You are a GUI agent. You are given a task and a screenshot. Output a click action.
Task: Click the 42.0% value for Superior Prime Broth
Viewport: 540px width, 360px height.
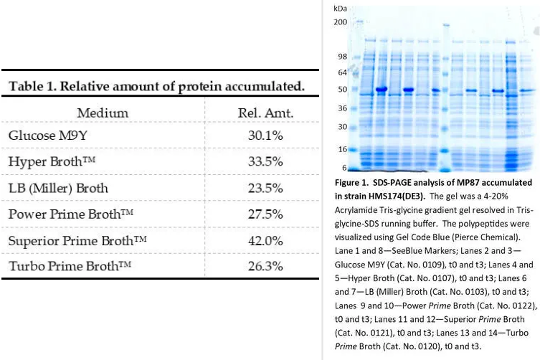[x=265, y=240]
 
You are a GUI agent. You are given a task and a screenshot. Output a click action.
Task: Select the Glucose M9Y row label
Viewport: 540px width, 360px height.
[x=48, y=135]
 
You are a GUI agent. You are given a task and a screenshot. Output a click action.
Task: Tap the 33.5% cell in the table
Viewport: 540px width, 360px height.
[x=265, y=161]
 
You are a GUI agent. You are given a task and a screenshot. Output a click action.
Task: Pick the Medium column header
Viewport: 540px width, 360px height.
[x=103, y=113]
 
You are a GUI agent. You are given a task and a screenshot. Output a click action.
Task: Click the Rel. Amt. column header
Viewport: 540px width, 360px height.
[x=265, y=113]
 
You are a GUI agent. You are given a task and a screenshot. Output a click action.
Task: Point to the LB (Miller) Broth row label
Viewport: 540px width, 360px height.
[x=58, y=188]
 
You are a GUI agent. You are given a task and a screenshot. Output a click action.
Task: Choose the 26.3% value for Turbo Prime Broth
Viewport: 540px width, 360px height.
[x=265, y=266]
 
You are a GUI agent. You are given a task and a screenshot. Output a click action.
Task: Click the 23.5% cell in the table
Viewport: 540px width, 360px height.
[x=265, y=188]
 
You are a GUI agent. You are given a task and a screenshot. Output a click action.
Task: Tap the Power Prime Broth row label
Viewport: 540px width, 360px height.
[x=70, y=214]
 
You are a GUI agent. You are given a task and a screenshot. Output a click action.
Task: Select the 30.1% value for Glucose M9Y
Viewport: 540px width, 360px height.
[x=265, y=135]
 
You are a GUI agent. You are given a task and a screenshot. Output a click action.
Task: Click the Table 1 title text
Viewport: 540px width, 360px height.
[x=157, y=86]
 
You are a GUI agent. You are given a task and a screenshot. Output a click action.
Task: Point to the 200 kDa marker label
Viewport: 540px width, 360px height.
[x=340, y=22]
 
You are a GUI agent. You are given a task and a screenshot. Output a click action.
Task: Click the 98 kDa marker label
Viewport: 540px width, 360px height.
[x=342, y=57]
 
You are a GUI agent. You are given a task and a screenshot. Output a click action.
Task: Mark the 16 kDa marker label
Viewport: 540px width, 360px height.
[x=343, y=149]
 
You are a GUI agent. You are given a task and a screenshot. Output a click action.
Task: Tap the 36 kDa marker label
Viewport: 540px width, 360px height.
[x=342, y=108]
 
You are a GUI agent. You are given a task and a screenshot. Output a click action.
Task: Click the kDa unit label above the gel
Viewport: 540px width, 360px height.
[x=340, y=9]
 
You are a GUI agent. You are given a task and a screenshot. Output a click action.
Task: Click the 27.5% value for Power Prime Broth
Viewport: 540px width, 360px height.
[x=265, y=214]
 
